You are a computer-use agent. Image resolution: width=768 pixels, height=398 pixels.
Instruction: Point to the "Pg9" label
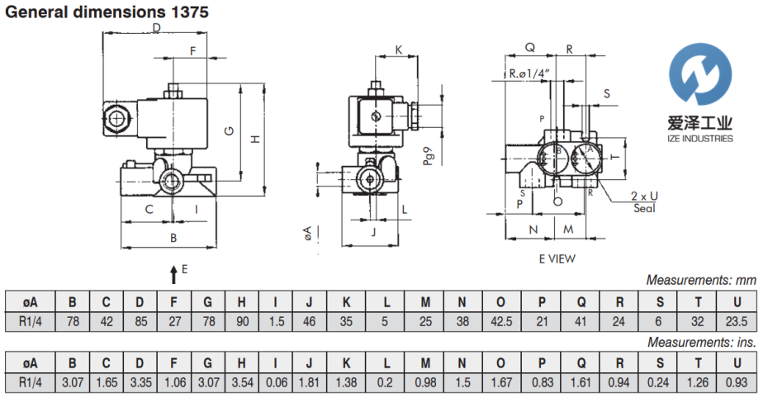[428, 156]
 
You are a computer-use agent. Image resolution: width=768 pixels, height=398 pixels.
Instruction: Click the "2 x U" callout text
[644, 196]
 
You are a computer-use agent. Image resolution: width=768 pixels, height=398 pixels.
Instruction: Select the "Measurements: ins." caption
[702, 342]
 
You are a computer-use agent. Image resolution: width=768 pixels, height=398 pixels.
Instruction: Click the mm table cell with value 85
[140, 321]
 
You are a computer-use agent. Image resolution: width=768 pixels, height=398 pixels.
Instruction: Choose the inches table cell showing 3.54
[241, 383]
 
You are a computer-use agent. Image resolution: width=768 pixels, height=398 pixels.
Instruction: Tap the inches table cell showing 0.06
[275, 383]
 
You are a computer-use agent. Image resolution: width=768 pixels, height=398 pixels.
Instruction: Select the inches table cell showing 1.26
[699, 383]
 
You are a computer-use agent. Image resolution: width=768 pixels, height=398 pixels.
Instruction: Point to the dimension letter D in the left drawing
[156, 30]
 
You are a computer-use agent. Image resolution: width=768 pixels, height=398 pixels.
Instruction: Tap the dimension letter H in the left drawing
[256, 138]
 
